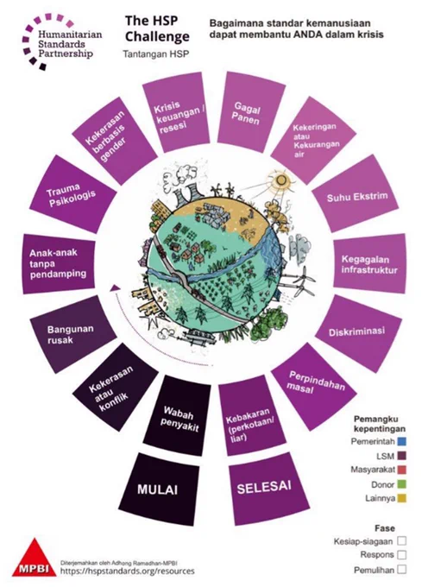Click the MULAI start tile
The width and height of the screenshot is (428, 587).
[158, 489]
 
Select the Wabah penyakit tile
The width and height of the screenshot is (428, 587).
[178, 415]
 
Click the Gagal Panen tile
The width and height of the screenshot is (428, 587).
[250, 112]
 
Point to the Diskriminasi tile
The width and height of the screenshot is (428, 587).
[358, 332]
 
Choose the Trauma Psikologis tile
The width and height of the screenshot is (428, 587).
[72, 195]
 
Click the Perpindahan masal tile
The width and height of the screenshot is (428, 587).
[314, 386]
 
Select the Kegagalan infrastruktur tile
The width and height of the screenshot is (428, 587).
[369, 264]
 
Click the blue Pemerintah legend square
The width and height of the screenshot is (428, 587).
[402, 442]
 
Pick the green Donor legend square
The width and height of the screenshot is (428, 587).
[402, 484]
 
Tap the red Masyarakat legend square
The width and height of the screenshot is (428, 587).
[402, 470]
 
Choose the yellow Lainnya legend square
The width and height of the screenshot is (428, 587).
[402, 498]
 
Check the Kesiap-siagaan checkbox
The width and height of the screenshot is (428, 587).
[402, 541]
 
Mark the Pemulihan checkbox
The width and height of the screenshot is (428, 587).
[402, 570]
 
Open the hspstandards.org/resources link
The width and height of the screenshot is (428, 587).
[128, 571]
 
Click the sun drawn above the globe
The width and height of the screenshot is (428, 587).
[280, 180]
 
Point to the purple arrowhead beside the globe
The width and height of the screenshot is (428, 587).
[115, 287]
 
